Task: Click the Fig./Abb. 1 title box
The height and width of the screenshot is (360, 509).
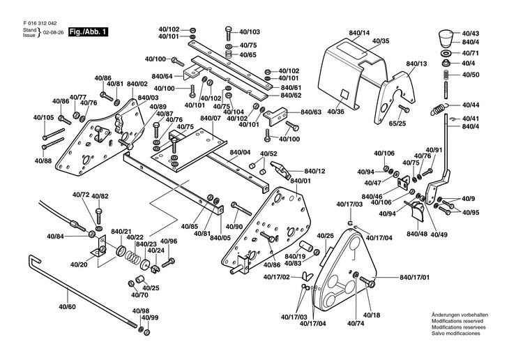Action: (x=88, y=33)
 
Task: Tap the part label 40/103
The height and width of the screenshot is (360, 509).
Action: (x=250, y=32)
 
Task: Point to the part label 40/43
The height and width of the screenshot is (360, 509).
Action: (x=471, y=33)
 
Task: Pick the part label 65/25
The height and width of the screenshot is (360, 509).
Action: (x=397, y=123)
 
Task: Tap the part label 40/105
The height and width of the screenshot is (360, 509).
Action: (x=43, y=117)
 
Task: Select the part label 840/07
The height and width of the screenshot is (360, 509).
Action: (x=210, y=118)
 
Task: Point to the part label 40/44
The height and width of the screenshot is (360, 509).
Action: (x=471, y=105)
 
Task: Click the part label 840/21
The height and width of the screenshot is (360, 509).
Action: (x=121, y=231)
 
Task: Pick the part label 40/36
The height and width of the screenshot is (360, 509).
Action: (x=335, y=112)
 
